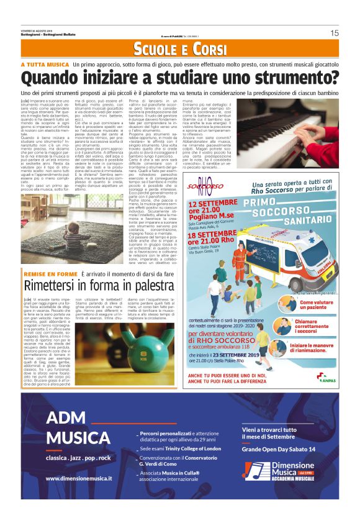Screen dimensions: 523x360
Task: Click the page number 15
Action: coord(334,33)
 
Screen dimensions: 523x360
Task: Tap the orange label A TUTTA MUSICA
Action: coord(44,65)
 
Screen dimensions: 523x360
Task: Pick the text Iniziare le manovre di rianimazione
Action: coord(316,349)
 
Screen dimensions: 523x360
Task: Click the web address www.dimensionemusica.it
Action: coord(79,478)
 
